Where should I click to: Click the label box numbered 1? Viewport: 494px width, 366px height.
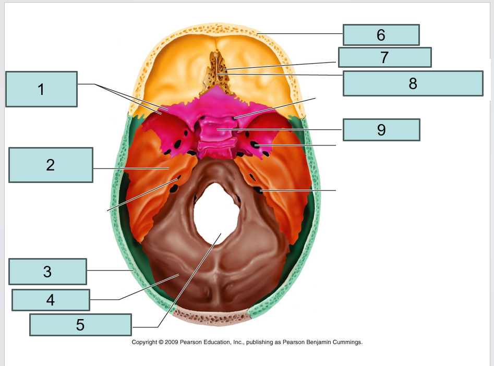[42, 89]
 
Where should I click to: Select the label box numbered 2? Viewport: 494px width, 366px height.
[51, 165]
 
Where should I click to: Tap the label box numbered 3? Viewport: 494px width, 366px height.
[47, 272]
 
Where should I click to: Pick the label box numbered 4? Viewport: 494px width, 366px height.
[51, 300]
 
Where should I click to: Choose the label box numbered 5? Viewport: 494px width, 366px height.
[80, 325]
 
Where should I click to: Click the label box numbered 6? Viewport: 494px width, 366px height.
[381, 35]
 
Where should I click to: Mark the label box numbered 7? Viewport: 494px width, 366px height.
[384, 57]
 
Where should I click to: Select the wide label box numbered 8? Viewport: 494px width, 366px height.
[413, 83]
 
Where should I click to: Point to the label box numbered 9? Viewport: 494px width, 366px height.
[381, 130]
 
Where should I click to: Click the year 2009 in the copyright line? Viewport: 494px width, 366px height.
[168, 343]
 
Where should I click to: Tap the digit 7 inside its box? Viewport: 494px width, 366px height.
[384, 57]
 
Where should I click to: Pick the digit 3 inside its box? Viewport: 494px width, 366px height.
[47, 272]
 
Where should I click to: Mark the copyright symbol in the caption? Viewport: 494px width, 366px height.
[159, 343]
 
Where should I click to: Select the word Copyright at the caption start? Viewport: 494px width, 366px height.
[144, 343]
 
